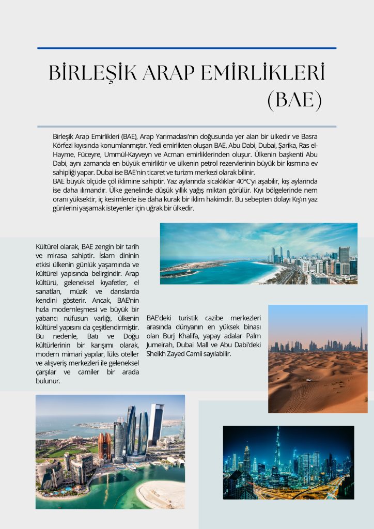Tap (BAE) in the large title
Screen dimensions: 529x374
coord(294,100)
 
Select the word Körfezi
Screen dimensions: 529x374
coord(65,145)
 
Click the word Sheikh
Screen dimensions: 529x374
coord(158,354)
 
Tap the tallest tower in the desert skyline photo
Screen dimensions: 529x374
coord(361,338)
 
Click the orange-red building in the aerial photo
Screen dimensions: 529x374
coord(104,446)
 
